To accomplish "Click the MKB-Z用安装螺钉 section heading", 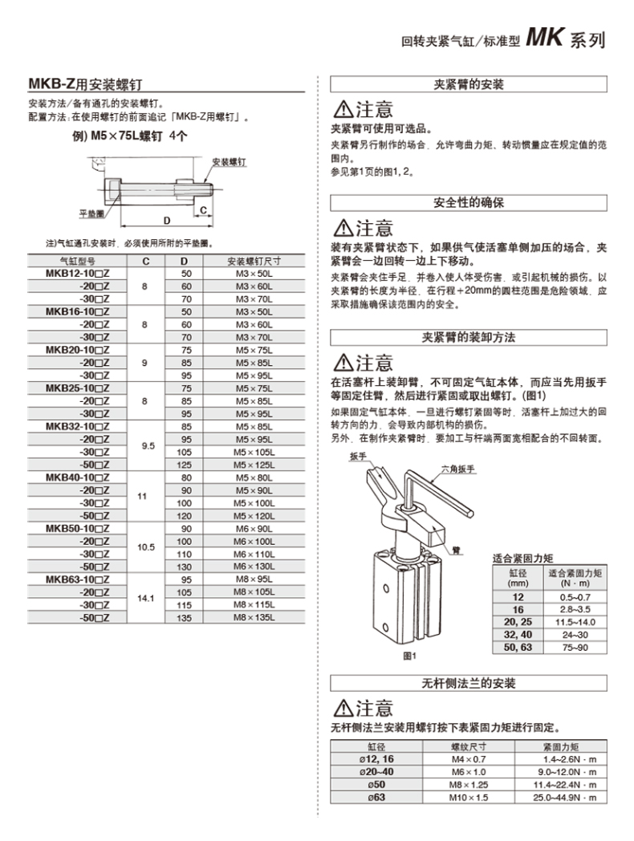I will click(87, 83).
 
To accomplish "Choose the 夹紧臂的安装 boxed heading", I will click(469, 84).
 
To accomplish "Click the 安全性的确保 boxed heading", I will click(469, 202).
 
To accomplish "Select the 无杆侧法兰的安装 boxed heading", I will click(469, 684).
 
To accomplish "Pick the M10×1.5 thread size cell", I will click(469, 798).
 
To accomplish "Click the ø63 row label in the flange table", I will click(372, 798).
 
